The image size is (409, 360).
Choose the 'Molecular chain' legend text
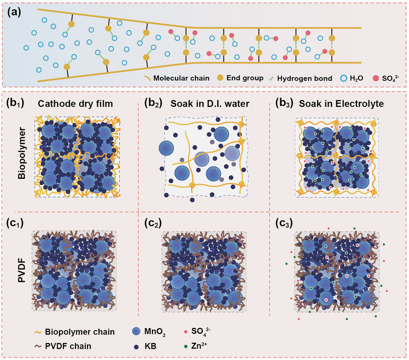coord(178,77)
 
